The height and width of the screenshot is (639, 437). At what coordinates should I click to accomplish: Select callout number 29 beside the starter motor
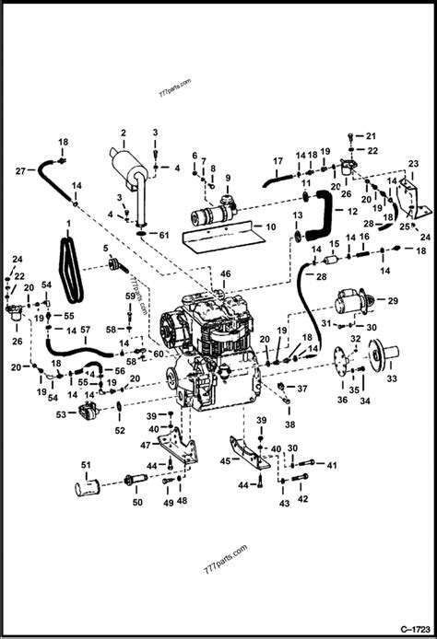coord(392,301)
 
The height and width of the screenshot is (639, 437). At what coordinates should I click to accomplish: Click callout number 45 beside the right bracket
coord(224,461)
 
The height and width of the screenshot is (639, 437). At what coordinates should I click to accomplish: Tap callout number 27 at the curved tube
coord(20,170)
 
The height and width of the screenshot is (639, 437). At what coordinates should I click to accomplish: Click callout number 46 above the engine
coord(227,274)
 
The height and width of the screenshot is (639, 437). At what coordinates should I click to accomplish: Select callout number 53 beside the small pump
coord(61,415)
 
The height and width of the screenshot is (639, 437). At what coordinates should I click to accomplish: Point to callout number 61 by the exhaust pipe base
coord(164,236)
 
